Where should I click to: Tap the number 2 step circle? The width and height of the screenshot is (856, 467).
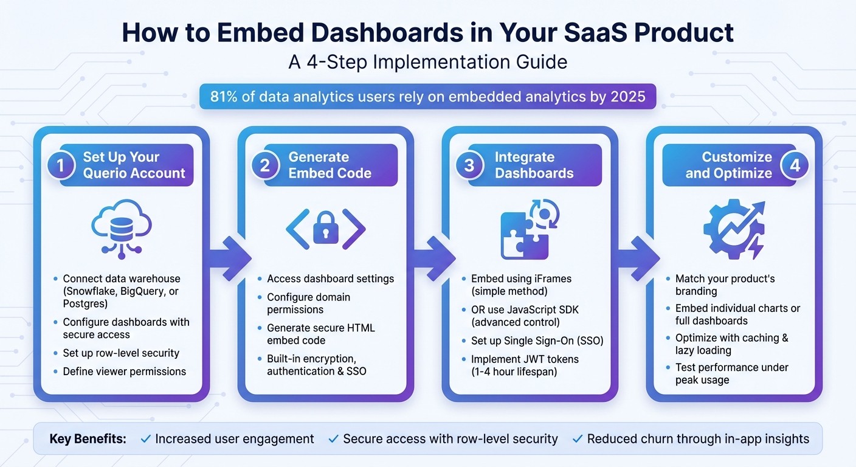pos(265,165)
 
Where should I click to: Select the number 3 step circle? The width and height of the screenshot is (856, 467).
pos(469,165)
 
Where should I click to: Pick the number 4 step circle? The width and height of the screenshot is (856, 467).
pos(795,165)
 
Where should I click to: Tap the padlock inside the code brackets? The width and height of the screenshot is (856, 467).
pos(325,230)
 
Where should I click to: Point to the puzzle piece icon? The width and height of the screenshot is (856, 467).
pos(523,235)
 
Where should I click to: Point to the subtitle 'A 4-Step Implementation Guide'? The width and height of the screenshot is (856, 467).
pos(427,63)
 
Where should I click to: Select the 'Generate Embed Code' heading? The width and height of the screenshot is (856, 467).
pos(330,165)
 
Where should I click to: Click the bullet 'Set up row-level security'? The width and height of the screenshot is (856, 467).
pos(121,353)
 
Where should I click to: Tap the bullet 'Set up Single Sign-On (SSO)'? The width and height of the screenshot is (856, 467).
pos(537,341)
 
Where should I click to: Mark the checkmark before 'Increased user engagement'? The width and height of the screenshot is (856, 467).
pos(145,439)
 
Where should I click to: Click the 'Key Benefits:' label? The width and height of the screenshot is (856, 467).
pos(88,439)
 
